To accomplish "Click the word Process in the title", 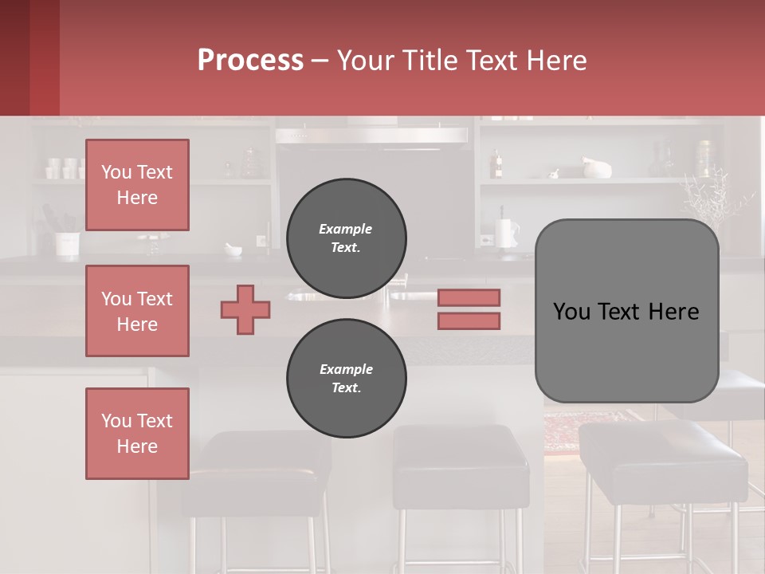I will point(250,60).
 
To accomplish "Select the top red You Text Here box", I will point(137,185).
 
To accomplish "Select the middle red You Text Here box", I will point(137,311).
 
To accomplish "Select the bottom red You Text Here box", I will point(137,434).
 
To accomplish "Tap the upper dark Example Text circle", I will point(346,238).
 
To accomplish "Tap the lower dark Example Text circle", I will point(346,379).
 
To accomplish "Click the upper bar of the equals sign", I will point(469,297).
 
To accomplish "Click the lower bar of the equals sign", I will point(469,321).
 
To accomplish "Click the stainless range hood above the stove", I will point(371,135).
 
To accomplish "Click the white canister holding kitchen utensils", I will point(67,242).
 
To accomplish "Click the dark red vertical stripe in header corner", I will point(45,57).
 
